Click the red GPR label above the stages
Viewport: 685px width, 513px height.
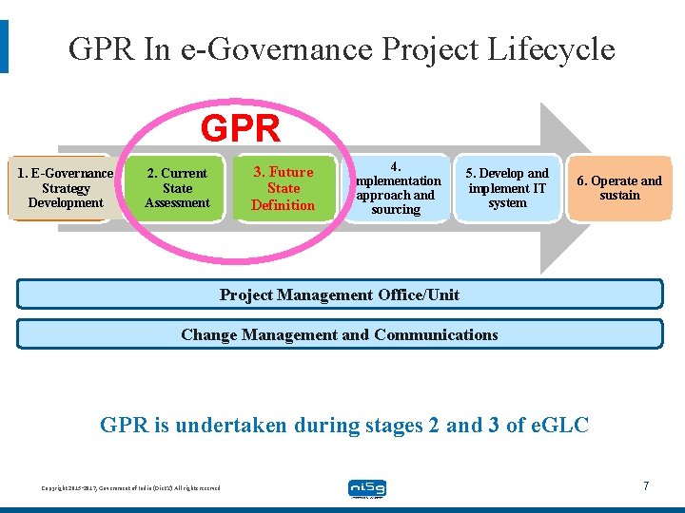tap(241, 128)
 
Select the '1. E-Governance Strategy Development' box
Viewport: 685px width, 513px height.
tap(66, 188)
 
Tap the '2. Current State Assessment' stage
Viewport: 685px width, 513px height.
tap(177, 188)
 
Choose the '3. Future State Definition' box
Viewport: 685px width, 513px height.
tap(283, 188)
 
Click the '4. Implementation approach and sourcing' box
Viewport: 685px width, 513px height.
tap(396, 188)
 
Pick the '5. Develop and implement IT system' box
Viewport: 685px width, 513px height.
tap(507, 188)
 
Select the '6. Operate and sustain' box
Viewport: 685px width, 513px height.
tap(619, 188)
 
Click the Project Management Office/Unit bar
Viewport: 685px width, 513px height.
tap(340, 294)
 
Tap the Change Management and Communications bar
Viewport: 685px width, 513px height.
tap(340, 334)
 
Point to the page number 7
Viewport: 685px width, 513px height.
tap(646, 486)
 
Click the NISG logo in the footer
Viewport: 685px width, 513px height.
tap(366, 488)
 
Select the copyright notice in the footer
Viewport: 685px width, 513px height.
tap(130, 488)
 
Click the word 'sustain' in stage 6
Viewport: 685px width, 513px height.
tap(619, 196)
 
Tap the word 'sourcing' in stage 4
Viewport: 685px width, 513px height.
tap(396, 209)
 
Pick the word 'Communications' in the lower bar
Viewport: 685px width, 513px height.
tap(436, 334)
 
